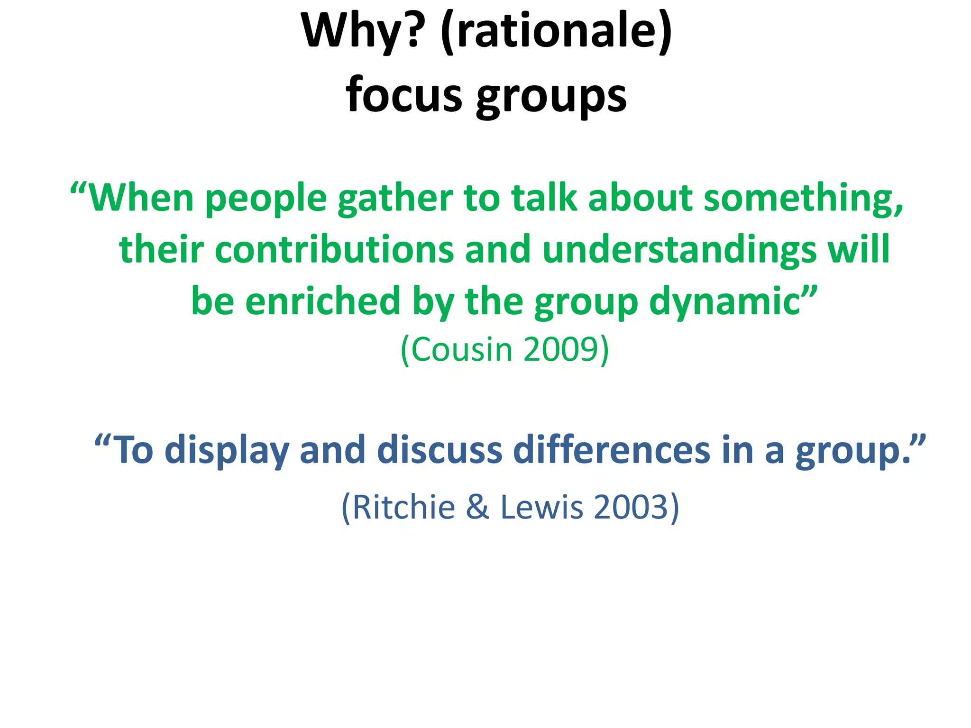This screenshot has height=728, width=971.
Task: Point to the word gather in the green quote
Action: (x=395, y=199)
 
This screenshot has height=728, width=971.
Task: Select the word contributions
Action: (x=334, y=250)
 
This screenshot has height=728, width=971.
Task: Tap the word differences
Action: (x=612, y=450)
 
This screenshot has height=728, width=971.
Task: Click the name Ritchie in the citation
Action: (x=403, y=507)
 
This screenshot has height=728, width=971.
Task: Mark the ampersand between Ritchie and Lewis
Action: (x=477, y=507)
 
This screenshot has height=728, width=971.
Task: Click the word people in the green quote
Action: (x=266, y=199)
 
